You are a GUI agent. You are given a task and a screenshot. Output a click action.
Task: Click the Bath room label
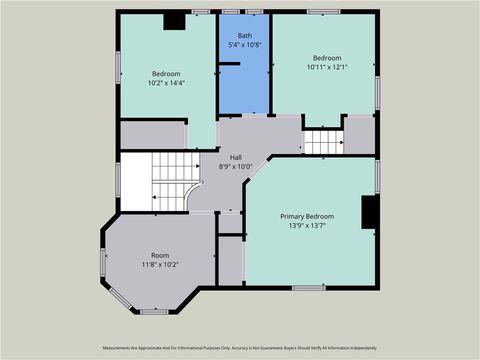[x=245, y=35]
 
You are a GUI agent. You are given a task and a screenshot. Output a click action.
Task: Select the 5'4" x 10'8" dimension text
[x=245, y=45]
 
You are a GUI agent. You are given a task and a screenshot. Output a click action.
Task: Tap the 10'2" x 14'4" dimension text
[x=166, y=84]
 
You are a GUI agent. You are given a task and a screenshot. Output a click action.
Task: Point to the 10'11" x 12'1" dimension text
[x=327, y=67]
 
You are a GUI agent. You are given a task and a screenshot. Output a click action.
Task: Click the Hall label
[x=236, y=157]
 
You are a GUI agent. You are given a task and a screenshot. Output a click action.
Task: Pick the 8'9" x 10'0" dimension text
[x=236, y=167]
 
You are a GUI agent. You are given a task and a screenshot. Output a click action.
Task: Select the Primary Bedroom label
[x=307, y=216]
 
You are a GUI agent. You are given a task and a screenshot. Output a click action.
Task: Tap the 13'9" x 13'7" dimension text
[x=307, y=226]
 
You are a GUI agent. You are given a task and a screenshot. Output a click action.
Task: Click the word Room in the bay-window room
[x=160, y=255]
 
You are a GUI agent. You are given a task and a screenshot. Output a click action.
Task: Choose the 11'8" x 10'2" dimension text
[x=160, y=265]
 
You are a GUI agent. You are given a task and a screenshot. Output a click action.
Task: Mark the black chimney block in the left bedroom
[x=174, y=21]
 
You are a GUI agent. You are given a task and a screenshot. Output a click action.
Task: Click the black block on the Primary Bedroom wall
[x=369, y=212]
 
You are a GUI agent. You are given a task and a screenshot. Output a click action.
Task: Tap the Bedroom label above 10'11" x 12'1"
[x=327, y=57]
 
